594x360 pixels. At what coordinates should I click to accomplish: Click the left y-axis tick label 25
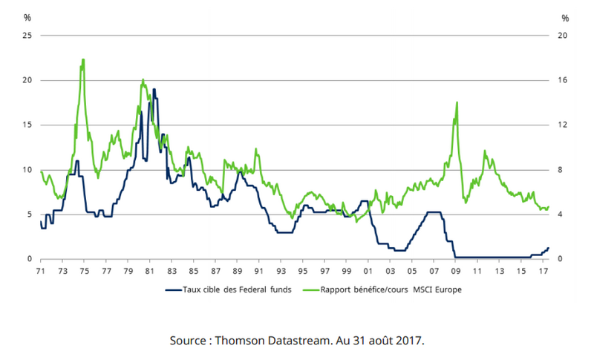click(x=27, y=36)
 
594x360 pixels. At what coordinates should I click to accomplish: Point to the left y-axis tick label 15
click(x=27, y=125)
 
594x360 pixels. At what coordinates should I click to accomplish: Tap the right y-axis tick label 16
click(x=564, y=80)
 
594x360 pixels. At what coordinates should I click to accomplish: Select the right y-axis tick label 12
click(x=564, y=125)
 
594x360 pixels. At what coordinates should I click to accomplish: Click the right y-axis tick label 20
click(x=564, y=36)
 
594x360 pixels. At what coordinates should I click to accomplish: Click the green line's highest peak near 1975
click(x=83, y=59)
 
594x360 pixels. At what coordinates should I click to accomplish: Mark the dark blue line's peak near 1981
click(x=154, y=90)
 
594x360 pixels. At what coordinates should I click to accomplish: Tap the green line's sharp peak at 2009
click(x=457, y=102)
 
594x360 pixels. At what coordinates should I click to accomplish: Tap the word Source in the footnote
click(x=189, y=340)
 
